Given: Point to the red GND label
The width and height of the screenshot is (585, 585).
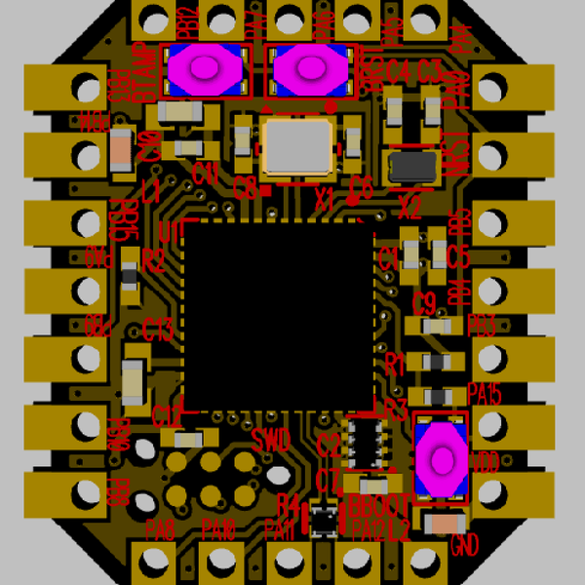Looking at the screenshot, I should point(466,542).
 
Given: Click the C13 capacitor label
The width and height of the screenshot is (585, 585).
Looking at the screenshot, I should point(158,329).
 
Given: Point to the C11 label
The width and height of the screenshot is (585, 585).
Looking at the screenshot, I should point(205,175).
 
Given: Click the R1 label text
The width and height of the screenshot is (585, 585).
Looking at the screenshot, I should point(395,365).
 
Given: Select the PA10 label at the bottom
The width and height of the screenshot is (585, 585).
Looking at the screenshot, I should point(219,530).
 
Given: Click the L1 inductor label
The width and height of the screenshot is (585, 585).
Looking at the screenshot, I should point(150,193).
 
